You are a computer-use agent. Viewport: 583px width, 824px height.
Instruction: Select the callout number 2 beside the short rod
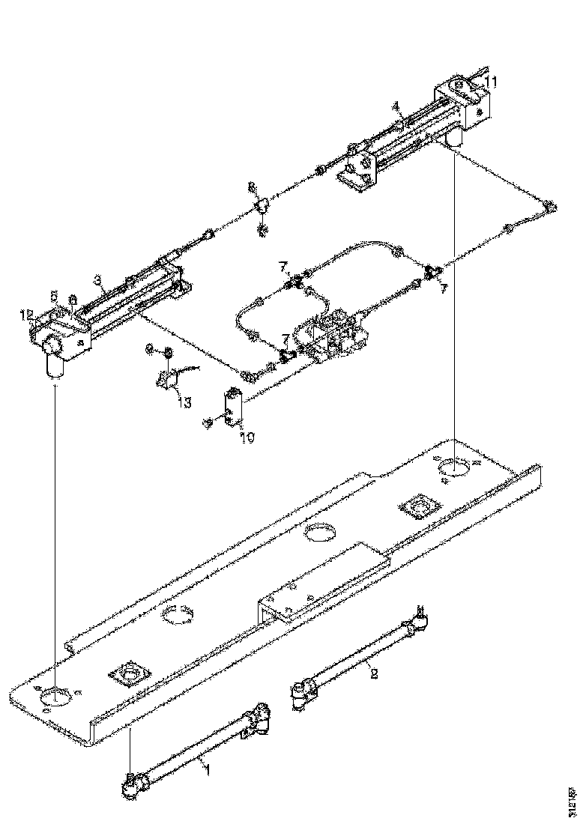(374, 673)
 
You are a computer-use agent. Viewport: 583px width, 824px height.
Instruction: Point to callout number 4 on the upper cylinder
(396, 107)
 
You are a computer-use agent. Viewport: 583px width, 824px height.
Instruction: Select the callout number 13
(185, 402)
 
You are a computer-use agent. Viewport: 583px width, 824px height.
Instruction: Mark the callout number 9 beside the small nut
(148, 349)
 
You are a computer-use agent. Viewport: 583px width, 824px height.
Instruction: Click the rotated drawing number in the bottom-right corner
(573, 796)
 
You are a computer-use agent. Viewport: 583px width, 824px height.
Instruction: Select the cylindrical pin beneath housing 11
(454, 136)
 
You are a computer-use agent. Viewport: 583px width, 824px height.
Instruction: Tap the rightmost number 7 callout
(443, 288)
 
